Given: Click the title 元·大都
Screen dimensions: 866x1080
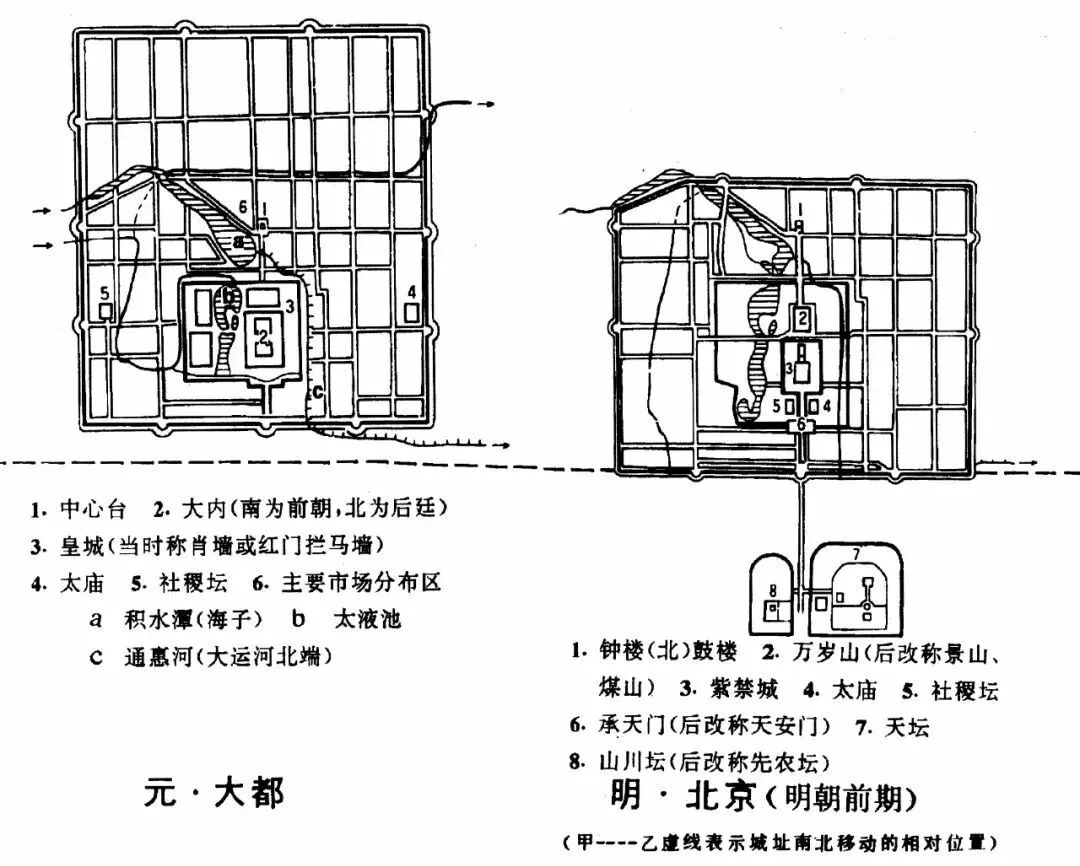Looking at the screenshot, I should pos(214,792).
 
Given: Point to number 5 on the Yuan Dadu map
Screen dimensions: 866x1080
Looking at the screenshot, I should pos(104,293).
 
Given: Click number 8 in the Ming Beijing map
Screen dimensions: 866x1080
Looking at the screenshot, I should pos(772,589).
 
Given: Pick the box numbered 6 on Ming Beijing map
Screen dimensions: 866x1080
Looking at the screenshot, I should pos(800,425).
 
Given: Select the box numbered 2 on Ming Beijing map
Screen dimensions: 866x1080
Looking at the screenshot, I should pos(802,319).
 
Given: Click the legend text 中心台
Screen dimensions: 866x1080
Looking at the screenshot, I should pos(93,510).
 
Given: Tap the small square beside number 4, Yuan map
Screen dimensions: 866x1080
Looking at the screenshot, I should pos(411,312).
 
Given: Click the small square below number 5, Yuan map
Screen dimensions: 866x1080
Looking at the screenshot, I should pos(105,312).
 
